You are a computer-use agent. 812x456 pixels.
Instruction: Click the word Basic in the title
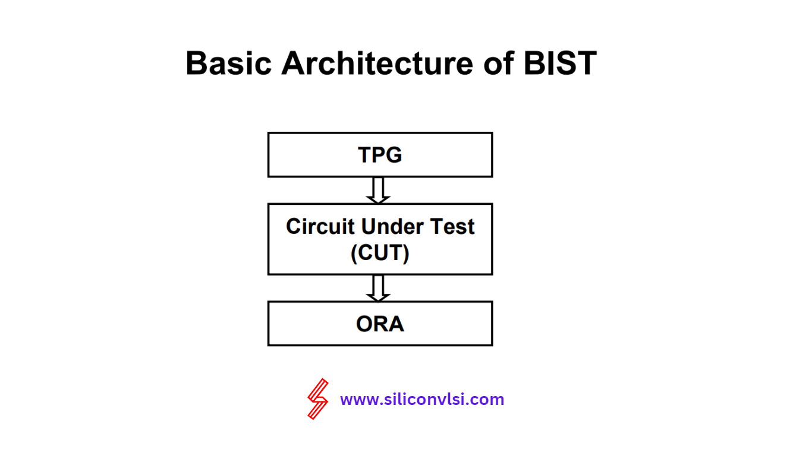click(229, 63)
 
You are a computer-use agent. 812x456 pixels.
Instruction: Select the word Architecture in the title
click(377, 63)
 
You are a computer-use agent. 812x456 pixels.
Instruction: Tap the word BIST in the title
click(560, 63)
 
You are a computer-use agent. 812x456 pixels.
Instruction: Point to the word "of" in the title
click(499, 63)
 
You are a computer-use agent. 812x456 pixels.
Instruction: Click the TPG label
click(380, 154)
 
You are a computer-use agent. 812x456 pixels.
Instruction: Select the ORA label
click(380, 324)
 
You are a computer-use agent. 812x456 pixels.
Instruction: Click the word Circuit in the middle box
click(320, 226)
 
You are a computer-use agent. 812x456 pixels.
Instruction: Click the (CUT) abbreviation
click(380, 252)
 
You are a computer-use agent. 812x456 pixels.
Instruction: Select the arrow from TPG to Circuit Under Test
click(378, 191)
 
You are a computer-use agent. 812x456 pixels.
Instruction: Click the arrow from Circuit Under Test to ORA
click(378, 289)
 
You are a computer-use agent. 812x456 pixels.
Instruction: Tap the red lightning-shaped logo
click(318, 399)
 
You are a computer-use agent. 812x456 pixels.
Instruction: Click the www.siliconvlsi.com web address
click(422, 400)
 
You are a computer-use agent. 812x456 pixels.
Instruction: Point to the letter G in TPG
click(394, 154)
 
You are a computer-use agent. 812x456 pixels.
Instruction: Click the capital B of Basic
click(197, 64)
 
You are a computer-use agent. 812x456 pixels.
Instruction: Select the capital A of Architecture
click(293, 64)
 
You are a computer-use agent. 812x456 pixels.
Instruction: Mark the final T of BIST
click(585, 64)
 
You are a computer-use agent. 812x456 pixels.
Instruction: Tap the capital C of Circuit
click(294, 226)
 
